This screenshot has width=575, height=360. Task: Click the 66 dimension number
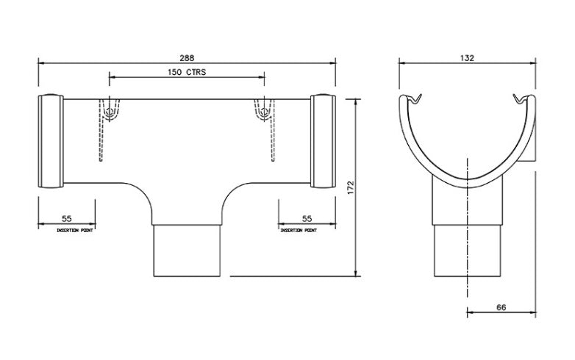pos(501,307)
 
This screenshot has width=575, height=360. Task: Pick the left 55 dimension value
pos(67,219)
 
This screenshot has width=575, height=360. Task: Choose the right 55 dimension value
pos(307,219)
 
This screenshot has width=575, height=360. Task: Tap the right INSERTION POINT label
pos(299,230)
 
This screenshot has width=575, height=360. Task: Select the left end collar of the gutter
pos(49,141)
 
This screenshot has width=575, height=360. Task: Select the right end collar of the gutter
pos(323,141)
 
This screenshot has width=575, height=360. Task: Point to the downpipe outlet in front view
pos(187,250)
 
